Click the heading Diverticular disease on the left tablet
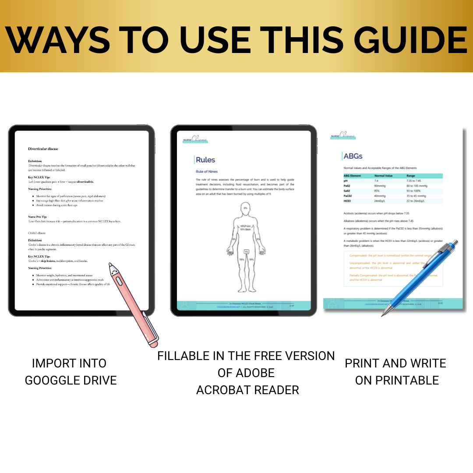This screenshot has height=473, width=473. [x=43, y=149]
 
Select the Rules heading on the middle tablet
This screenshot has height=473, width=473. [x=205, y=160]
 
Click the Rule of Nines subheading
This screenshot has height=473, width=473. [x=206, y=171]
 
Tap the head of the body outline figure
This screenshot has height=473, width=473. [x=245, y=208]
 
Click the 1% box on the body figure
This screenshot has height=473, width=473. [x=246, y=252]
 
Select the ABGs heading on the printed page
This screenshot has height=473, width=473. [x=353, y=156]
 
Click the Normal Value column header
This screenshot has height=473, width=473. [x=383, y=176]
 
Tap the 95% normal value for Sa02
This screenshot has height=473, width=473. [x=377, y=191]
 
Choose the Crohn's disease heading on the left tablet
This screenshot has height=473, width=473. [x=37, y=233]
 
